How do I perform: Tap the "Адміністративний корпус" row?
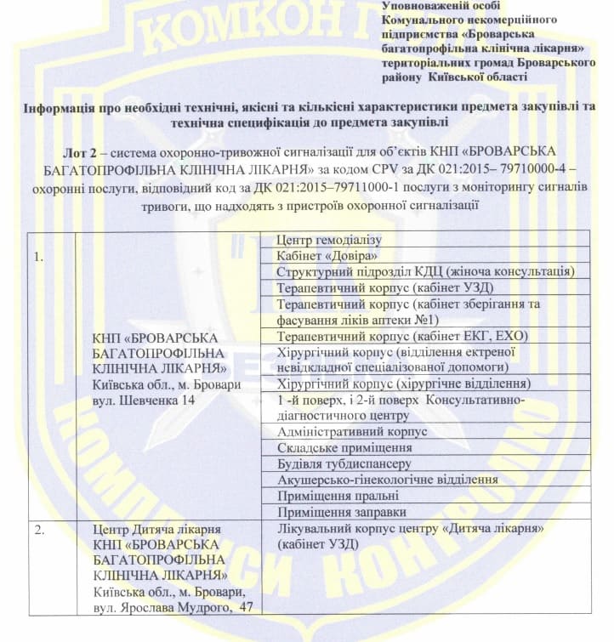pos(353,432)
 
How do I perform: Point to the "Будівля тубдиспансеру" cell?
pos(344,464)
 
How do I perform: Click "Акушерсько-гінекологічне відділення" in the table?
pos(388,480)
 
